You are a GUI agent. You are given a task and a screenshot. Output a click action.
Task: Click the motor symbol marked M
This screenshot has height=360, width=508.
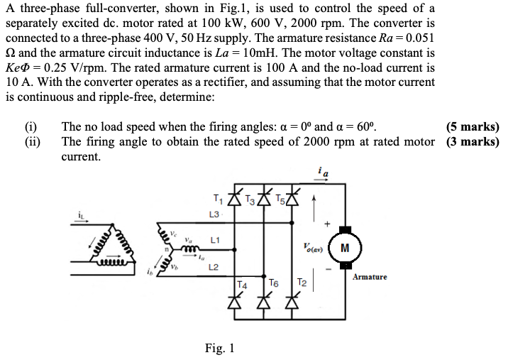coord(344,247)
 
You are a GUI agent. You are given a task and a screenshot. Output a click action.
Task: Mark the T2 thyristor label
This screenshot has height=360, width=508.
coord(302,282)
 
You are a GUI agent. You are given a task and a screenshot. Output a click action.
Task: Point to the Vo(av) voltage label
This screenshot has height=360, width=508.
coord(311,248)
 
